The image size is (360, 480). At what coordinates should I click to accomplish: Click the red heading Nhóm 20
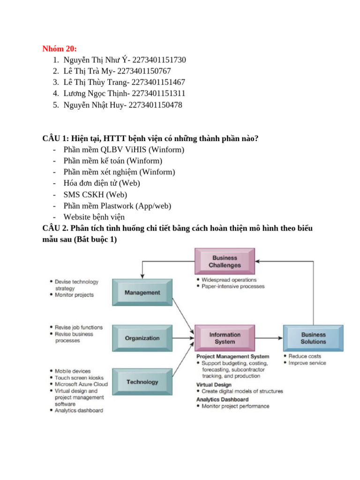[60, 49]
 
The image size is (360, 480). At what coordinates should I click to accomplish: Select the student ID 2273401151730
[159, 60]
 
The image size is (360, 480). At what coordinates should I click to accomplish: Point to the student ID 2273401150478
[155, 105]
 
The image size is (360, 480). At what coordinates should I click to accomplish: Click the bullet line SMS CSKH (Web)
[95, 195]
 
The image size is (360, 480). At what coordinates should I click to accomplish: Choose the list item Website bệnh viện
[94, 217]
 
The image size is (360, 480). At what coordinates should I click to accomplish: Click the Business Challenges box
[225, 262]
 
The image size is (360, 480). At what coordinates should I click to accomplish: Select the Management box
[142, 292]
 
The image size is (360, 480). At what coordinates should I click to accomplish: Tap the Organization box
[142, 338]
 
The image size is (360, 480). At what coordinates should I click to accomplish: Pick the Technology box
[142, 382]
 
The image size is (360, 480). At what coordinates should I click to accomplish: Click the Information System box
[225, 338]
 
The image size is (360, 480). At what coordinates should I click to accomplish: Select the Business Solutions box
[313, 338]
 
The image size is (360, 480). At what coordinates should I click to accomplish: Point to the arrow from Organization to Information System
[183, 338]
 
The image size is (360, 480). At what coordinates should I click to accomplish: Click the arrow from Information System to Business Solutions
[269, 338]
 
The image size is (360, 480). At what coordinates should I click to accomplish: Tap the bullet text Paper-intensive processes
[233, 286]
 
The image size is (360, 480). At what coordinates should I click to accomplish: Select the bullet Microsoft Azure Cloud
[81, 384]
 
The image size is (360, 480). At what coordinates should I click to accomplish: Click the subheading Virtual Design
[214, 385]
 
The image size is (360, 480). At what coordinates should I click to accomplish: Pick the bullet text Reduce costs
[305, 356]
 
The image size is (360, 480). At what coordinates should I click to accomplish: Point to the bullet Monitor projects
[74, 295]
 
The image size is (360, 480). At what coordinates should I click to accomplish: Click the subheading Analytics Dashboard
[223, 399]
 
